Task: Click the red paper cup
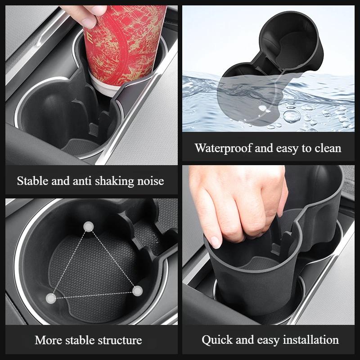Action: point(123,43)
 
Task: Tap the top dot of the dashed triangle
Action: point(89,227)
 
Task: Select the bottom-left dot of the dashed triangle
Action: point(52,297)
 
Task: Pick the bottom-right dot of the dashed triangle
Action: point(138,291)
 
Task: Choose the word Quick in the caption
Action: point(214,340)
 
